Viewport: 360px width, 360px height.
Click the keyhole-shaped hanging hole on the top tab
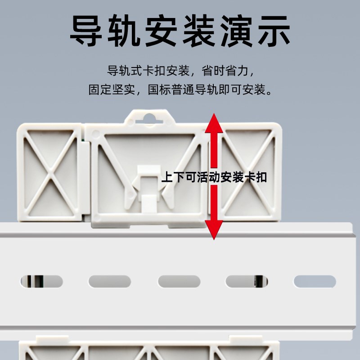pyautogui.click(x=150, y=117)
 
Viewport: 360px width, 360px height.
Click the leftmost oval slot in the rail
pyautogui.click(x=41, y=282)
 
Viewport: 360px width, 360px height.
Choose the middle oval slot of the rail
pyautogui.click(x=179, y=282)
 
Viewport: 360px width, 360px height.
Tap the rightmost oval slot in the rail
pyautogui.click(x=315, y=282)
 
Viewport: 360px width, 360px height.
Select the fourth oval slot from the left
pyautogui.click(x=246, y=282)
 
